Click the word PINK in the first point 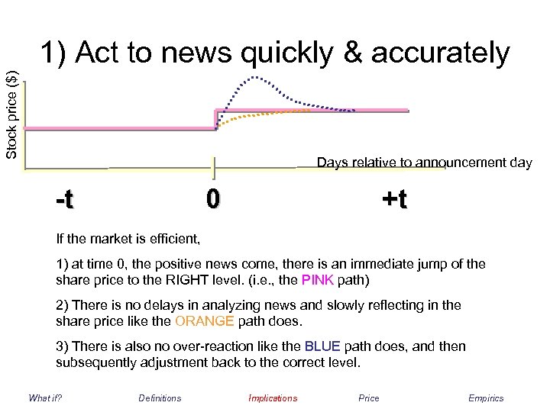point(317,280)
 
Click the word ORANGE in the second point point(201,320)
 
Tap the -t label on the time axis point(65,200)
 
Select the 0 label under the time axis point(213,199)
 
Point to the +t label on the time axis point(394,200)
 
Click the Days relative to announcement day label point(424,163)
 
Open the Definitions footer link point(160,398)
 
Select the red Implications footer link point(273,398)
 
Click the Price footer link point(368,398)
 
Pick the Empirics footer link point(486,398)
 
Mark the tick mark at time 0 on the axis point(213,168)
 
